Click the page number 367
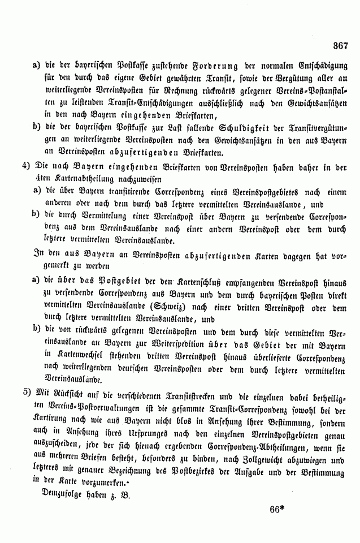click(340, 46)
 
